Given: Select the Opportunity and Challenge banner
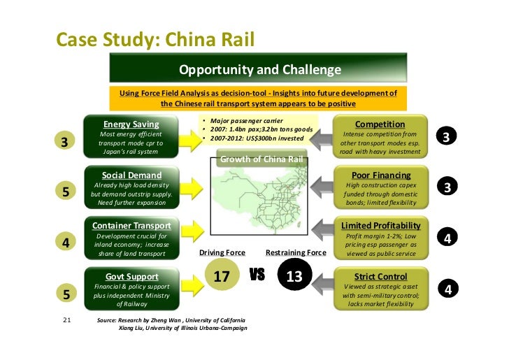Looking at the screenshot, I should click(x=260, y=70).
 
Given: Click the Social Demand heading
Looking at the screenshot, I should click(x=131, y=175).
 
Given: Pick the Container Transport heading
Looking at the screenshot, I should click(x=131, y=226).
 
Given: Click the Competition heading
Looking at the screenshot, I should click(x=380, y=124).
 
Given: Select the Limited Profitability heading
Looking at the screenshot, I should click(x=380, y=226).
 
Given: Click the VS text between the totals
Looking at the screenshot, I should click(x=258, y=275).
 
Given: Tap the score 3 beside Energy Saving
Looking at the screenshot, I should click(x=64, y=142).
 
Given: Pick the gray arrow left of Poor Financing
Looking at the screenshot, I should click(x=323, y=186).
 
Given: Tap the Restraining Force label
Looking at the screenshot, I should click(x=296, y=252).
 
